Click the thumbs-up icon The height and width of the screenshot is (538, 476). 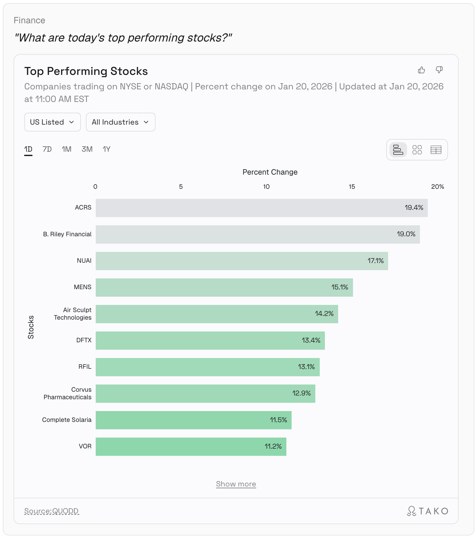click(x=421, y=70)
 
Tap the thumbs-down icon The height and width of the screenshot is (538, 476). click(x=439, y=70)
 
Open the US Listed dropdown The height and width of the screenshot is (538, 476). click(x=52, y=122)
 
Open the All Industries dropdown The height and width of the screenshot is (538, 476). click(x=120, y=122)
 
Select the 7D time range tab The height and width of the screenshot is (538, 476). click(x=47, y=149)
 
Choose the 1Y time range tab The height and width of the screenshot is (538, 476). click(x=106, y=149)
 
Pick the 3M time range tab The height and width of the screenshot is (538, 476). click(x=87, y=149)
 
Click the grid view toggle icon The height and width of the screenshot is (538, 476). click(x=417, y=150)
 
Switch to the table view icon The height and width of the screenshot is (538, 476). click(x=436, y=150)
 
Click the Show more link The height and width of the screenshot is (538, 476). click(x=236, y=484)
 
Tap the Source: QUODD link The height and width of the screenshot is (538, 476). click(x=51, y=511)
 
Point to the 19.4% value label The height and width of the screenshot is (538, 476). click(x=414, y=208)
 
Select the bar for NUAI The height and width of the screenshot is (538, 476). click(x=241, y=261)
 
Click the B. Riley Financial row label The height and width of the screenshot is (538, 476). click(x=67, y=234)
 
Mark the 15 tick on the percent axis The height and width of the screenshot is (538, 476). click(x=352, y=187)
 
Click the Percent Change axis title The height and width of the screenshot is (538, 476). click(x=270, y=172)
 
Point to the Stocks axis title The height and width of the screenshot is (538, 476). click(x=31, y=327)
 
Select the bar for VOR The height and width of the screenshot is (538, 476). click(x=191, y=446)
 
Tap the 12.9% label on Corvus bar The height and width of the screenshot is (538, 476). click(x=301, y=393)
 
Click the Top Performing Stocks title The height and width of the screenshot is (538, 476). click(x=86, y=71)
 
